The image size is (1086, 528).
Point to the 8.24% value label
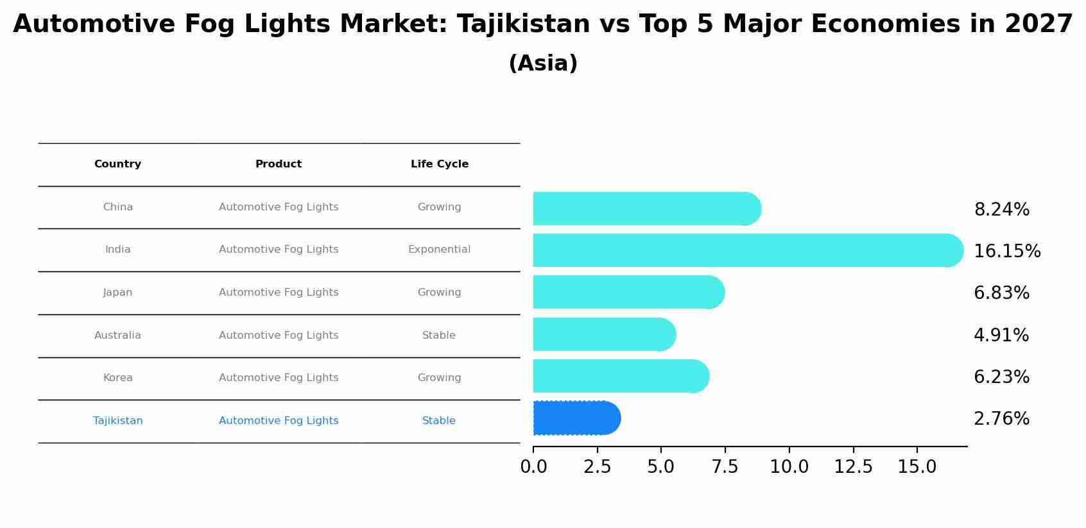click(1001, 210)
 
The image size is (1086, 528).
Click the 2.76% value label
click(1001, 419)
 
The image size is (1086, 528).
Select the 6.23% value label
click(1001, 377)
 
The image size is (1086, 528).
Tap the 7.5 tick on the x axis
click(725, 467)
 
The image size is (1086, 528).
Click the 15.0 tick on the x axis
click(917, 467)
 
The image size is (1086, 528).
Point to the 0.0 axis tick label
click(533, 467)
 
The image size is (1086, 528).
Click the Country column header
click(117, 164)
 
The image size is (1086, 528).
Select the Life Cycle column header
click(439, 164)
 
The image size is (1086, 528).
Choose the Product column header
click(278, 164)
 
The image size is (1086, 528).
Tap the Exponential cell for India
click(439, 250)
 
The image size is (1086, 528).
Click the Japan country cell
click(117, 293)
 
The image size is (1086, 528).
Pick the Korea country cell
click(117, 378)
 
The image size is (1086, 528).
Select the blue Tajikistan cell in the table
click(117, 421)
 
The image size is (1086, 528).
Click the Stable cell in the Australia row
click(439, 336)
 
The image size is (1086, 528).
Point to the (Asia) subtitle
click(543, 64)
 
